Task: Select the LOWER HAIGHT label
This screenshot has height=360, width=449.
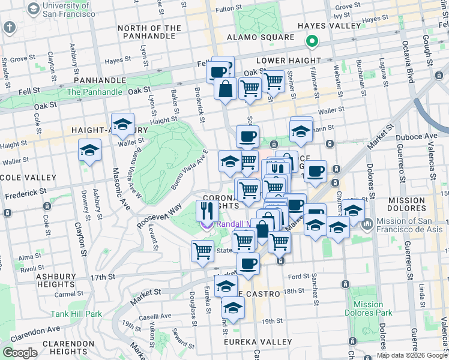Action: [285, 61]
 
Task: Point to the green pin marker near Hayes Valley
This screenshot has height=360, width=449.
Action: [312, 41]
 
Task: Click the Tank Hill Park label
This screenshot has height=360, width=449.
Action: [76, 314]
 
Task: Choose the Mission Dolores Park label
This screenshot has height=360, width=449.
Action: [369, 308]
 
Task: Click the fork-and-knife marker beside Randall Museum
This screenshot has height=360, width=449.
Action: [206, 211]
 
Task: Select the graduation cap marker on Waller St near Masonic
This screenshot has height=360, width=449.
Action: [89, 150]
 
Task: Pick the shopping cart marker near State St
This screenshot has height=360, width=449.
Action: [202, 251]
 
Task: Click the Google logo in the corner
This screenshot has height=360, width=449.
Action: [20, 353]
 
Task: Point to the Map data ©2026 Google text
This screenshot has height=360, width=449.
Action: [411, 355]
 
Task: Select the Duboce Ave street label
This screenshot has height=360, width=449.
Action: [424, 136]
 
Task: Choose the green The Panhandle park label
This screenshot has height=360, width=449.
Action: [94, 92]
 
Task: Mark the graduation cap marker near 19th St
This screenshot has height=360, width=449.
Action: [233, 308]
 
